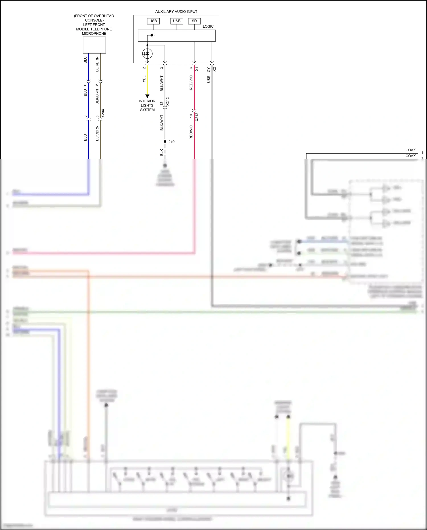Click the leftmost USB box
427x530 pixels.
(x=153, y=21)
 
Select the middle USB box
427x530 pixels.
(x=176, y=21)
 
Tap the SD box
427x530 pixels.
(x=194, y=21)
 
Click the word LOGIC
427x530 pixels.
(x=208, y=26)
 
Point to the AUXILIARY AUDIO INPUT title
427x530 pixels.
(x=176, y=12)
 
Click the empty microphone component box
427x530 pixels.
(x=94, y=45)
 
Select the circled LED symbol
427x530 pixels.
(x=147, y=54)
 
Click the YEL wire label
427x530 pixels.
(x=144, y=79)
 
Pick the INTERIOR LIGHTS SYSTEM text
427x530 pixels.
(x=147, y=105)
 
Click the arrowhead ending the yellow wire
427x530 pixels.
(x=147, y=96)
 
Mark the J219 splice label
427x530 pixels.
(x=171, y=142)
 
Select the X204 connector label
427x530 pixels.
(x=103, y=113)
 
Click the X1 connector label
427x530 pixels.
(x=197, y=69)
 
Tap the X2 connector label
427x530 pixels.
(x=214, y=69)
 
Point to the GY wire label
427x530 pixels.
(x=209, y=70)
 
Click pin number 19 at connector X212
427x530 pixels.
(x=191, y=116)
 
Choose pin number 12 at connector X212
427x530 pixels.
(x=162, y=104)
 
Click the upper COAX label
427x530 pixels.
(x=410, y=150)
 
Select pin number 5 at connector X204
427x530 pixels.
(x=97, y=116)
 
